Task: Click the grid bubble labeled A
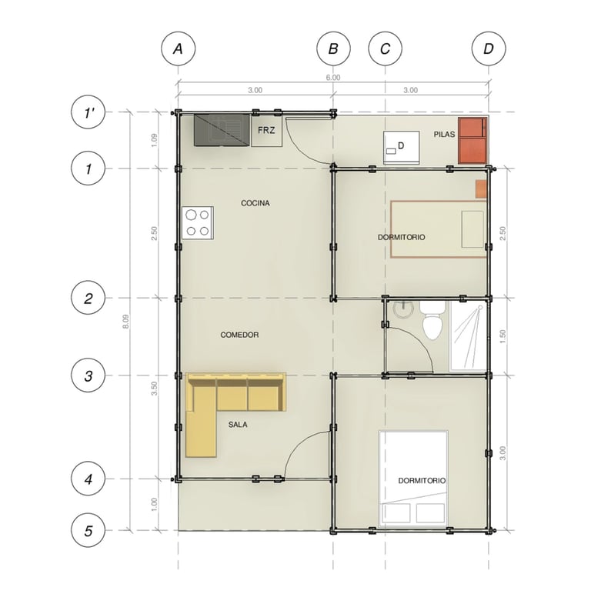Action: (178, 49)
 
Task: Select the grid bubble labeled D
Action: (489, 49)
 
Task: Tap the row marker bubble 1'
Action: (88, 112)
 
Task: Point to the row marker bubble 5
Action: (88, 530)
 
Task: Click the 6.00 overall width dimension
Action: (333, 78)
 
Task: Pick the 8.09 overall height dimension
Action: (125, 322)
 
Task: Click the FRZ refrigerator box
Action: (267, 130)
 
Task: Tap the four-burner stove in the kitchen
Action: (197, 223)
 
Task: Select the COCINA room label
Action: (255, 203)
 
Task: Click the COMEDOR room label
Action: (239, 335)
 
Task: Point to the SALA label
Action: (238, 425)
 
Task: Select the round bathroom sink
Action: (402, 309)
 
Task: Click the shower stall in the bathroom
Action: (468, 336)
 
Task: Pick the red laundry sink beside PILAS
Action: (472, 141)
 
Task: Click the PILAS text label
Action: (444, 135)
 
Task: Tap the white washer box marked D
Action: (401, 148)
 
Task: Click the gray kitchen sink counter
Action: (222, 130)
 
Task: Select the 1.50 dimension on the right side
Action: (503, 336)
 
